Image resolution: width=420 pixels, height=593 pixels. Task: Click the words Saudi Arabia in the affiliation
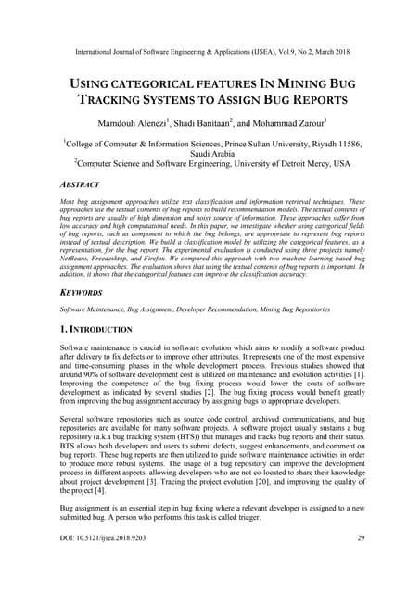(210, 156)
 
